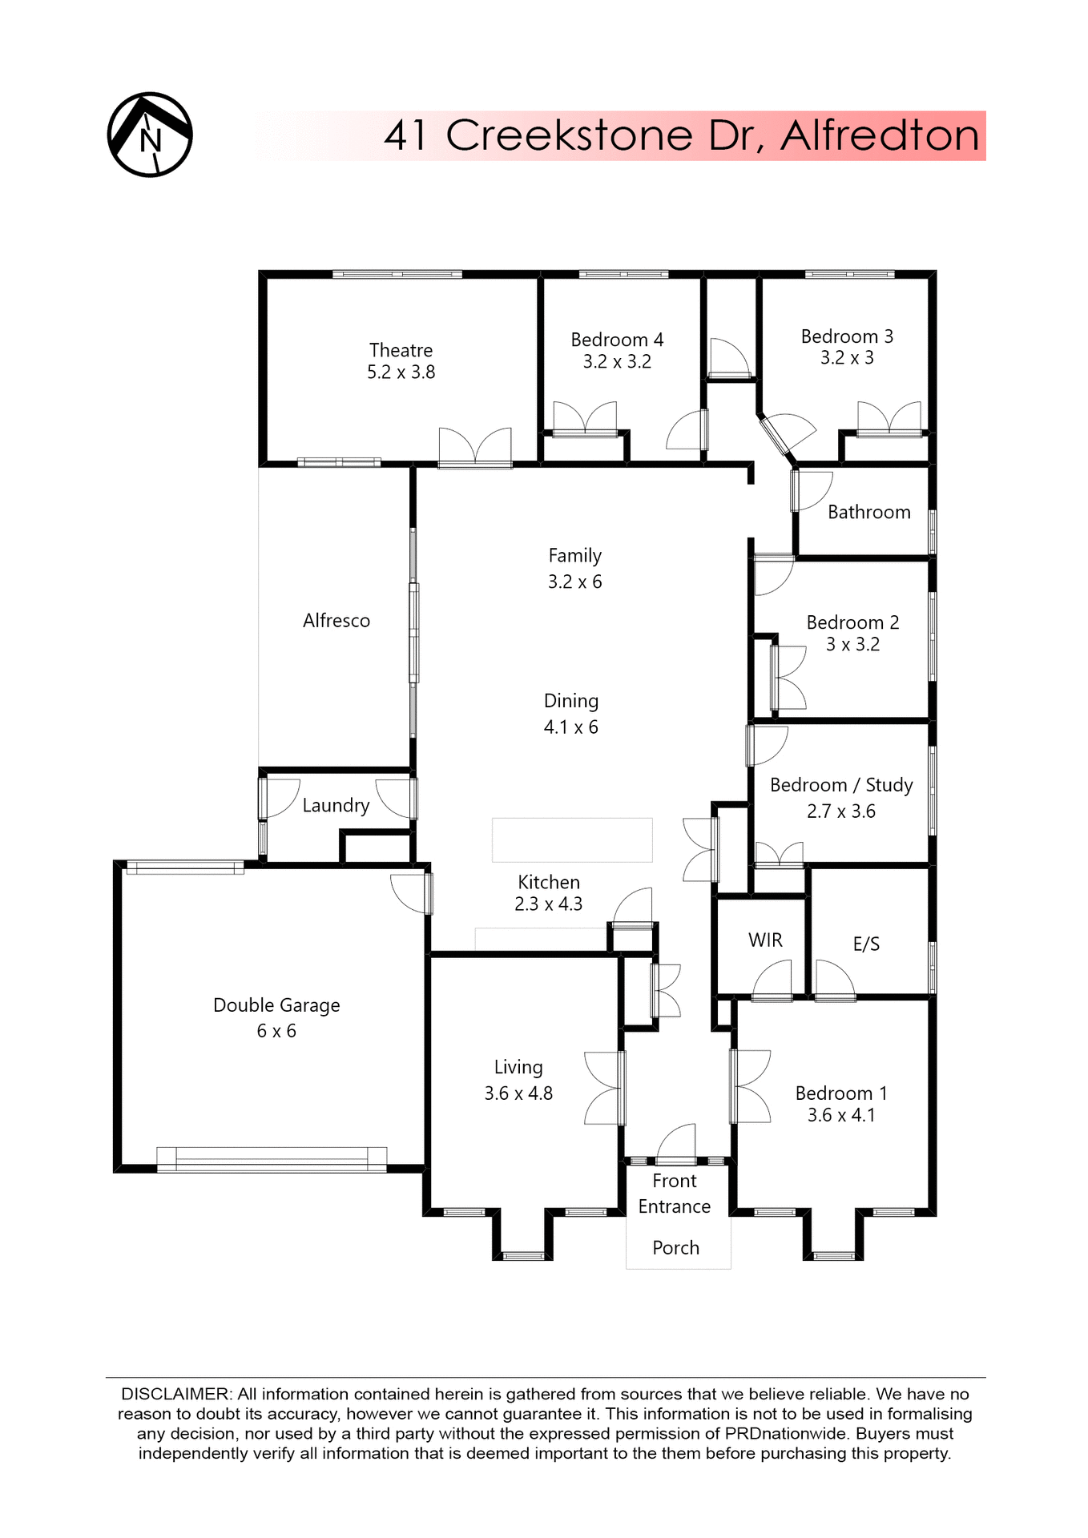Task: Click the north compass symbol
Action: pos(150,135)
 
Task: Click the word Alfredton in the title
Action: pos(880,135)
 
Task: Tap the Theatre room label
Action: pos(401,350)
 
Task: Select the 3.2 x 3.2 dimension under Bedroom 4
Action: pos(617,362)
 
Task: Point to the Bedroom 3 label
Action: pos(847,336)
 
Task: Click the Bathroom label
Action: pos(868,513)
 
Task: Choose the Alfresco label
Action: pos(336,621)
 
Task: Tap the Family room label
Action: pos(574,556)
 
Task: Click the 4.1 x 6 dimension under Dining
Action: pos(570,727)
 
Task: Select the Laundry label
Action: pos(336,806)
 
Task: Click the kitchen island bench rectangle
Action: pos(571,839)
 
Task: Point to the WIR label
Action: pos(765,940)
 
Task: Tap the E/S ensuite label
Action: pos(866,944)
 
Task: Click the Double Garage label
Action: pos(276,1005)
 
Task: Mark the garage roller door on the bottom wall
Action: pos(272,1159)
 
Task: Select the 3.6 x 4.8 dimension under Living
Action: pos(518,1093)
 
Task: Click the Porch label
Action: pos(675,1248)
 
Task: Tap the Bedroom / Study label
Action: pos(841,785)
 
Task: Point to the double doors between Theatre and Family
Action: pos(475,449)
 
